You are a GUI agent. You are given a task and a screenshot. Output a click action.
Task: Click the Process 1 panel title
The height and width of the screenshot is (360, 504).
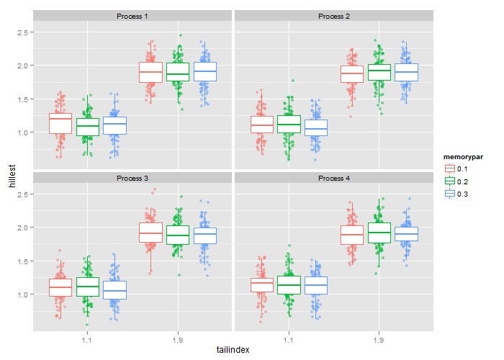pyautogui.click(x=132, y=16)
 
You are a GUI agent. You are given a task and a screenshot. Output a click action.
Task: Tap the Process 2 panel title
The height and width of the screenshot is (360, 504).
pyautogui.click(x=333, y=16)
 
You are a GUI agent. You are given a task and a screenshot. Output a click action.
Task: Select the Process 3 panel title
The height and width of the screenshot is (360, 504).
pyautogui.click(x=132, y=178)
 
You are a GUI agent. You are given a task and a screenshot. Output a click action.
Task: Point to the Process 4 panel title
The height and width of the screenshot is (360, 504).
pyautogui.click(x=333, y=178)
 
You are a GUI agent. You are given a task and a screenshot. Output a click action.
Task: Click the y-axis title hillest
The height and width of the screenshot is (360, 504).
pyautogui.click(x=11, y=176)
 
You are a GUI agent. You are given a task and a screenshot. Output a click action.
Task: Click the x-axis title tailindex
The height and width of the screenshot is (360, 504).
pyautogui.click(x=233, y=349)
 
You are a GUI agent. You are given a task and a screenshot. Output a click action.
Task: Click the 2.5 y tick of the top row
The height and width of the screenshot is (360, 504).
pyautogui.click(x=23, y=32)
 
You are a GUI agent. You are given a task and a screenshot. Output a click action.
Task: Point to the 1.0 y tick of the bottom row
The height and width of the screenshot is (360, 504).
pyautogui.click(x=23, y=294)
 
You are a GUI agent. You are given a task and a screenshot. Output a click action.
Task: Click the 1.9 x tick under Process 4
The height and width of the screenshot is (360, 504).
pyautogui.click(x=379, y=338)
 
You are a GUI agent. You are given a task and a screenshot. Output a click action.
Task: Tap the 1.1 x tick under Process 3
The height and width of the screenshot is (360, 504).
pyautogui.click(x=87, y=338)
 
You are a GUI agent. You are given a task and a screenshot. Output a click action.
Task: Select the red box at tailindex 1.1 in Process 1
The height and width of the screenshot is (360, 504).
pyautogui.click(x=60, y=123)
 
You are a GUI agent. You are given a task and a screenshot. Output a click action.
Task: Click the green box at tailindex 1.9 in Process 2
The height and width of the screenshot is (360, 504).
pyautogui.click(x=379, y=72)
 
